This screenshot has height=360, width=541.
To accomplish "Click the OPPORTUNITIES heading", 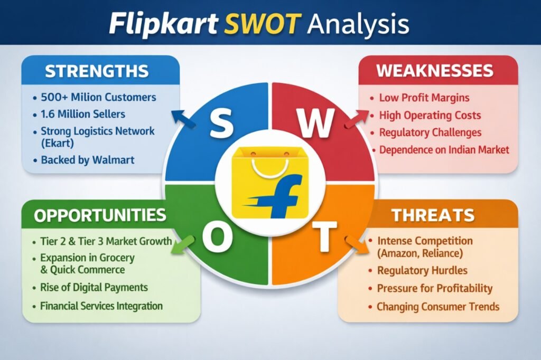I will point(100,215).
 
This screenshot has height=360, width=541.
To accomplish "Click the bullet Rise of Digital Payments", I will point(94,288).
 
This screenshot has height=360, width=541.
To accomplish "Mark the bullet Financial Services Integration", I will point(101,306).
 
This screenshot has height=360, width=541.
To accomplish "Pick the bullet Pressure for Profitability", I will point(434,289).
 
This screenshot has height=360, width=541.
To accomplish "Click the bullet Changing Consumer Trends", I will point(438,307).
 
